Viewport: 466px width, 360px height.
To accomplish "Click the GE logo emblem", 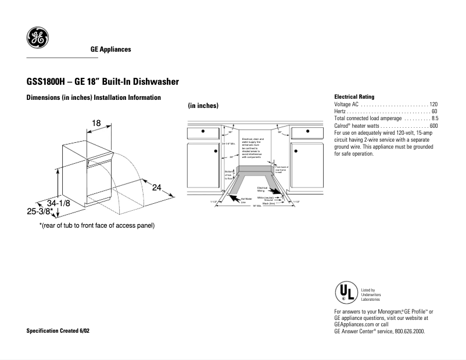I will tap(37, 38).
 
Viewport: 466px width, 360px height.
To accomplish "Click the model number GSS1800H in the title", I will tap(47, 82).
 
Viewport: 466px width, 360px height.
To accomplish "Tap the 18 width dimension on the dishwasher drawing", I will tap(96, 123).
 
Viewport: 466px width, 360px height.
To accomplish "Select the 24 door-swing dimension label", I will tap(157, 188).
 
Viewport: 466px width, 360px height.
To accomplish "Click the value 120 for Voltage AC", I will tap(433, 104).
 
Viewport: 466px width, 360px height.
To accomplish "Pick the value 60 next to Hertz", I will tap(435, 111).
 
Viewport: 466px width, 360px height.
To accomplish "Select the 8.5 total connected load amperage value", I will tap(434, 118).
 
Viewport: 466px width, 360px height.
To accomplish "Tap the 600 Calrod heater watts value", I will tap(433, 126).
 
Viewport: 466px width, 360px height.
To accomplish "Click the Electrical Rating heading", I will tap(354, 96).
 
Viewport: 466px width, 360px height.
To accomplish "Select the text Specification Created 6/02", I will tap(58, 330).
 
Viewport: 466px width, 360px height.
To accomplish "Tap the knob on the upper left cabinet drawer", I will tap(202, 131).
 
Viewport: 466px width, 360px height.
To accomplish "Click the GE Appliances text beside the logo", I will tap(110, 49).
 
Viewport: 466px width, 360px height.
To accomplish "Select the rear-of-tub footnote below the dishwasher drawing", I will tap(96, 225).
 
